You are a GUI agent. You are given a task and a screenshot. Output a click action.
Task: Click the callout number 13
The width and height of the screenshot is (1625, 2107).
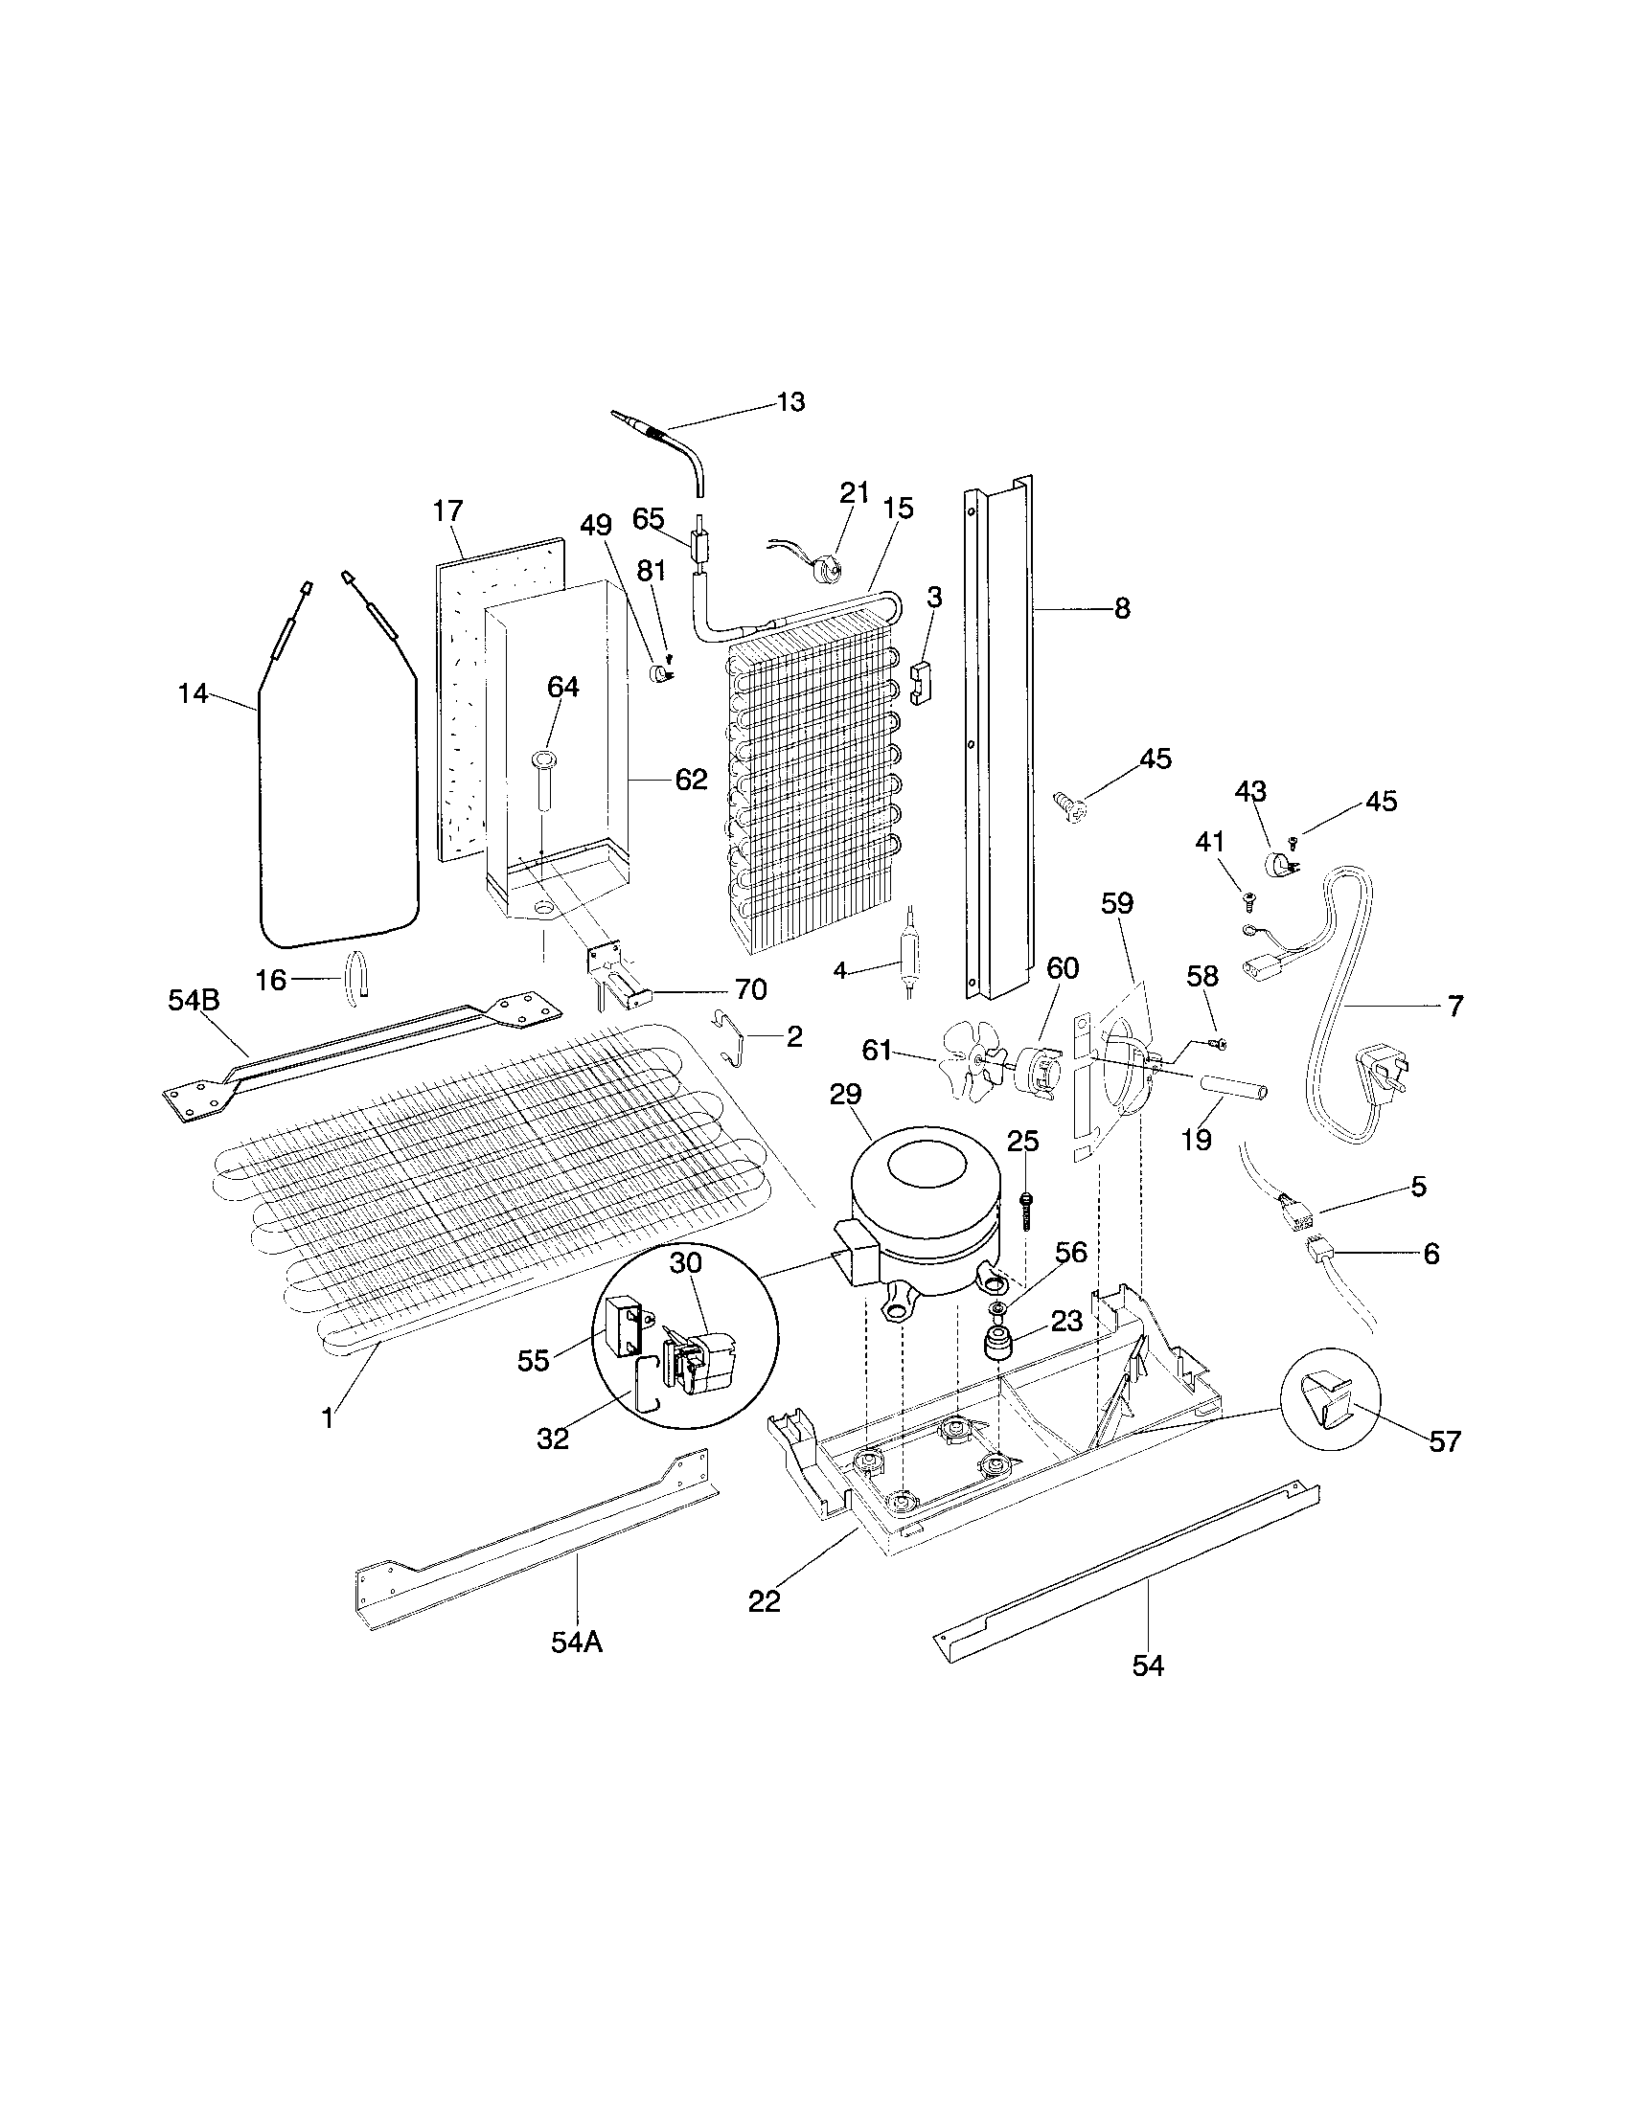tap(790, 402)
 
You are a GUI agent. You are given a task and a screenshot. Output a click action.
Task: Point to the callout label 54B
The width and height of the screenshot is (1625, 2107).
tap(194, 1001)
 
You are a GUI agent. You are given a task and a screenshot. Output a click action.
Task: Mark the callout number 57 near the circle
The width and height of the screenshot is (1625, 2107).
tap(1446, 1468)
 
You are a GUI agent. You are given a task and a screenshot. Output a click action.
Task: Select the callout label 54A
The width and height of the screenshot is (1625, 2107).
tap(577, 1642)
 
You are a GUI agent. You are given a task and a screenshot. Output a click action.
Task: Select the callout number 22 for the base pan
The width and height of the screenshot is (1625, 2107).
tap(764, 1601)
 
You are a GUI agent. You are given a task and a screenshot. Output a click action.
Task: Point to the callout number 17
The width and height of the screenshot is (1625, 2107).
tap(447, 510)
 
